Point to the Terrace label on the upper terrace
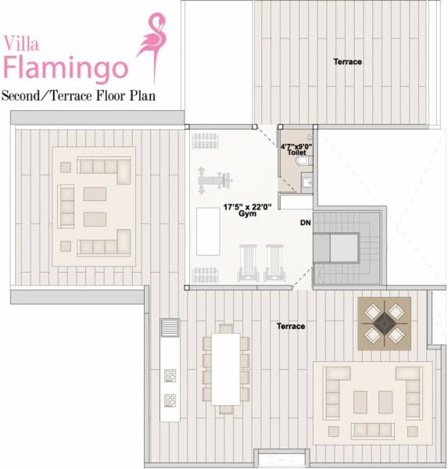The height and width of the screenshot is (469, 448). [x=348, y=62]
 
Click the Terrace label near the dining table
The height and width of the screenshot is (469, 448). [x=290, y=326]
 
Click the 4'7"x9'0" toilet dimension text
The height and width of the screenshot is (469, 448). [x=297, y=146]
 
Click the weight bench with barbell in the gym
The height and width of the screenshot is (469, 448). [x=215, y=178]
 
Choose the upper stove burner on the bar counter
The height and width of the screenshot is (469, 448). [x=170, y=375]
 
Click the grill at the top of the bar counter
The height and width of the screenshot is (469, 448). [x=170, y=327]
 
